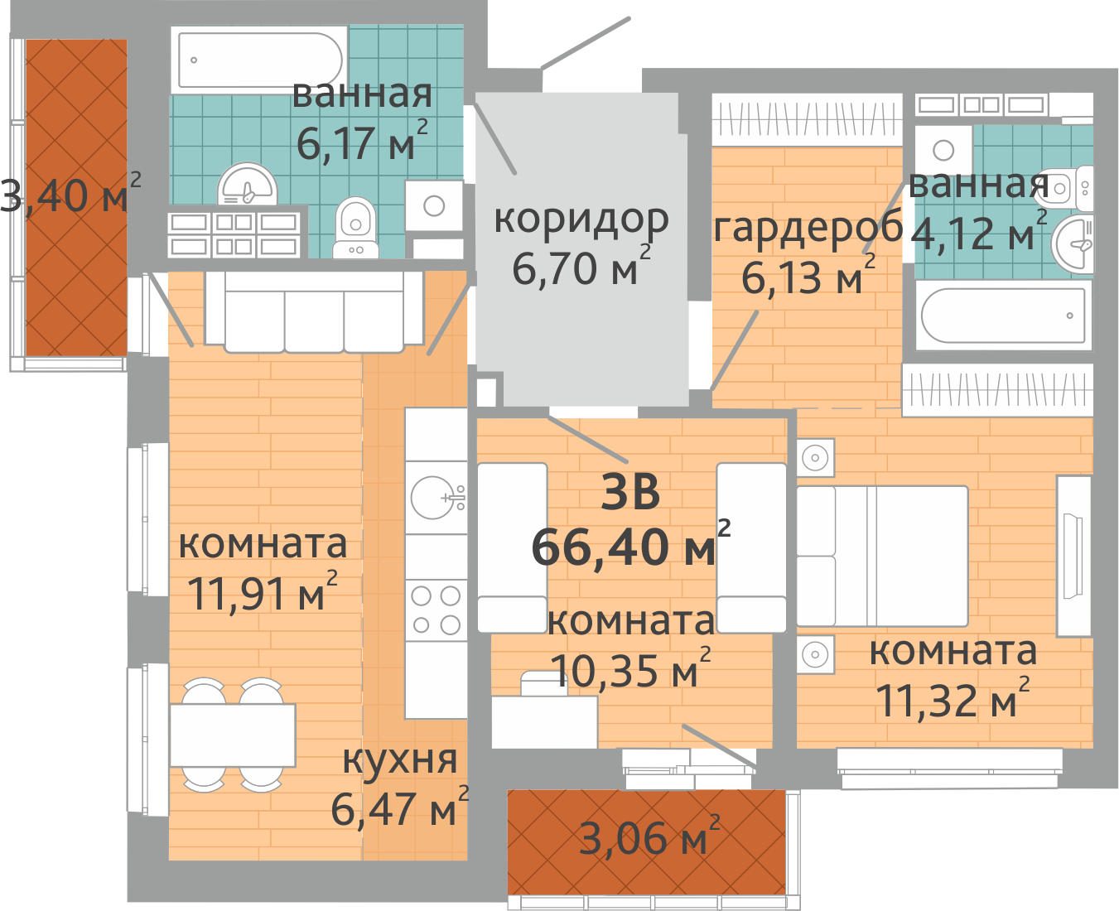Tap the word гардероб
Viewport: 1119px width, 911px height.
point(808,229)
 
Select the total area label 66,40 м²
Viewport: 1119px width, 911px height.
point(631,547)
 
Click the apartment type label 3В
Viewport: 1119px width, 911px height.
point(629,492)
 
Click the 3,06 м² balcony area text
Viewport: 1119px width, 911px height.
point(649,838)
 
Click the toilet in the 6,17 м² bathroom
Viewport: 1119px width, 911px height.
point(355,228)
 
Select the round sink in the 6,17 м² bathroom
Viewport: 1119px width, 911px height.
point(247,184)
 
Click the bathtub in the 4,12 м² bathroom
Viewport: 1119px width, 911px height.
point(1003,316)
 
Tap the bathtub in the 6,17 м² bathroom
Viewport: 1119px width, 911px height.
point(259,60)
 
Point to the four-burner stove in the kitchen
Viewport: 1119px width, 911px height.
point(436,610)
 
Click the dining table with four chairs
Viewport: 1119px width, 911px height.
point(233,735)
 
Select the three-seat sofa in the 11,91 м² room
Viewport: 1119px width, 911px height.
point(314,312)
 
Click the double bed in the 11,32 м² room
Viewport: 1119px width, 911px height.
point(883,557)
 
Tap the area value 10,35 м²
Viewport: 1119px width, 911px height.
point(630,669)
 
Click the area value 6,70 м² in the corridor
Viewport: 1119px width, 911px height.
point(581,266)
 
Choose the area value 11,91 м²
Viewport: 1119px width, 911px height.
point(262,592)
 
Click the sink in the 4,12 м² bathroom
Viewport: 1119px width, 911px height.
point(1073,243)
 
